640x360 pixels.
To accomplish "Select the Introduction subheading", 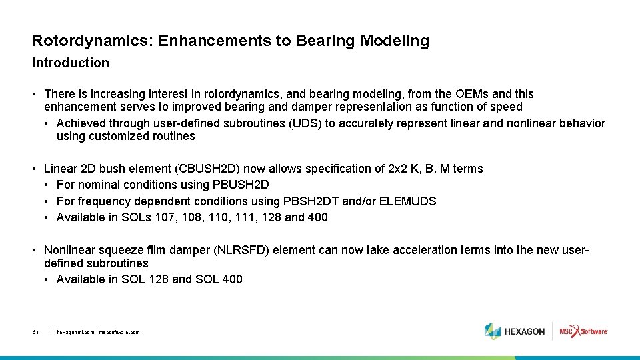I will (71, 63).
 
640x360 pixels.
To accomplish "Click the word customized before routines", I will (129, 137).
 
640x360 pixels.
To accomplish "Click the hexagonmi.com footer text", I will (76, 332).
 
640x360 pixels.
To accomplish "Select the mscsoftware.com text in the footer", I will (120, 332).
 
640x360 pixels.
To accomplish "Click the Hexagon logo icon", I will (493, 331).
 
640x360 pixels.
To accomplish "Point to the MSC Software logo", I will (583, 331).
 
